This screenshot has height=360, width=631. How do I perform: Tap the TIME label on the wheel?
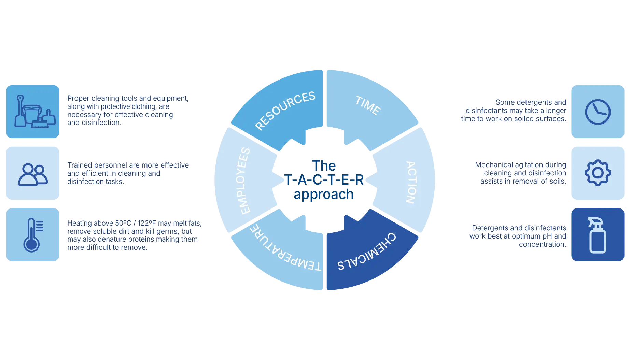point(368,105)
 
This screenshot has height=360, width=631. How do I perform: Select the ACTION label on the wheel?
point(411,182)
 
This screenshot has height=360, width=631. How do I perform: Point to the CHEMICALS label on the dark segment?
point(367,252)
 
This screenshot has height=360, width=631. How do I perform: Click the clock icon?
point(598,112)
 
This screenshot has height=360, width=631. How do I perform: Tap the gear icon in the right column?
point(598,173)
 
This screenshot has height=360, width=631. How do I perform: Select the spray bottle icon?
point(598,235)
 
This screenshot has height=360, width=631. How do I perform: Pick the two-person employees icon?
point(33,174)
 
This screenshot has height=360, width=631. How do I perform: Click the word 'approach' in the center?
point(324,195)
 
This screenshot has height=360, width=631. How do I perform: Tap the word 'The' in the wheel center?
point(324,165)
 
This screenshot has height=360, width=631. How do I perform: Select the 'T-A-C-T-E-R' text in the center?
point(324,180)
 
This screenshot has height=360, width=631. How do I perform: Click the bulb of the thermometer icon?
point(31,244)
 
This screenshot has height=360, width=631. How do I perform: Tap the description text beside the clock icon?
point(514,111)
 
